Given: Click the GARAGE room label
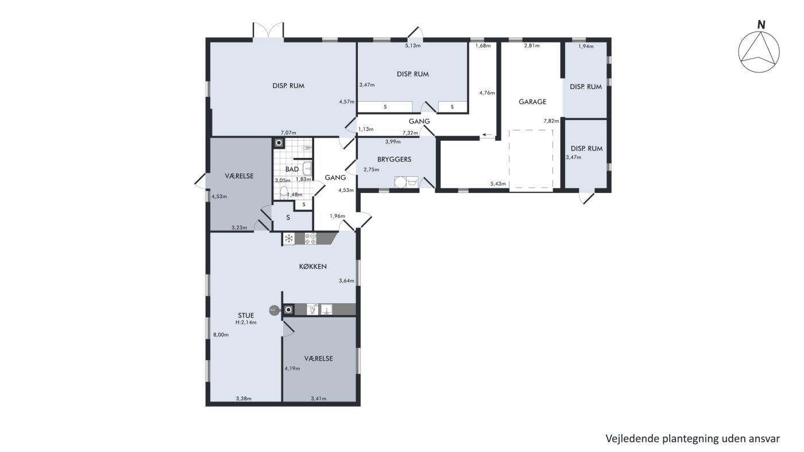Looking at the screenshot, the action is click(x=532, y=102).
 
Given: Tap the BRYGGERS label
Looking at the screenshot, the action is click(x=394, y=160).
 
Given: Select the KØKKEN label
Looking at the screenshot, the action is click(x=313, y=266).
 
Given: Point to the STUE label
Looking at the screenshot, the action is click(x=246, y=315).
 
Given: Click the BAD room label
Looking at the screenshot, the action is click(x=292, y=169).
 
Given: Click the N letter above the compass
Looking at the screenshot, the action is click(x=762, y=25).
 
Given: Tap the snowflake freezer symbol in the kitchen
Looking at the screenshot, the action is click(x=288, y=239).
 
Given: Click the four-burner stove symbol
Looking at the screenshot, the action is click(x=310, y=239).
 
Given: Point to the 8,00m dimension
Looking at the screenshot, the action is click(x=221, y=335).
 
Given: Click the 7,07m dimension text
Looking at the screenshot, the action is click(x=288, y=133).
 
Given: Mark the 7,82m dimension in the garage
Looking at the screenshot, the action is click(x=551, y=121).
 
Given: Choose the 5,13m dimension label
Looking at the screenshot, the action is click(x=413, y=45).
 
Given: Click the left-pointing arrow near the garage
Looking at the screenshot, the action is click(x=487, y=135).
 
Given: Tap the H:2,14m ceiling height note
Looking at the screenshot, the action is click(x=246, y=322).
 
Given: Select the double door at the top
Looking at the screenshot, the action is click(x=268, y=30).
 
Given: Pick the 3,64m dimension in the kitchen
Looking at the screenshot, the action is click(x=346, y=281).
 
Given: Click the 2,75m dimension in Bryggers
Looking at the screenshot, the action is click(x=371, y=169).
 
